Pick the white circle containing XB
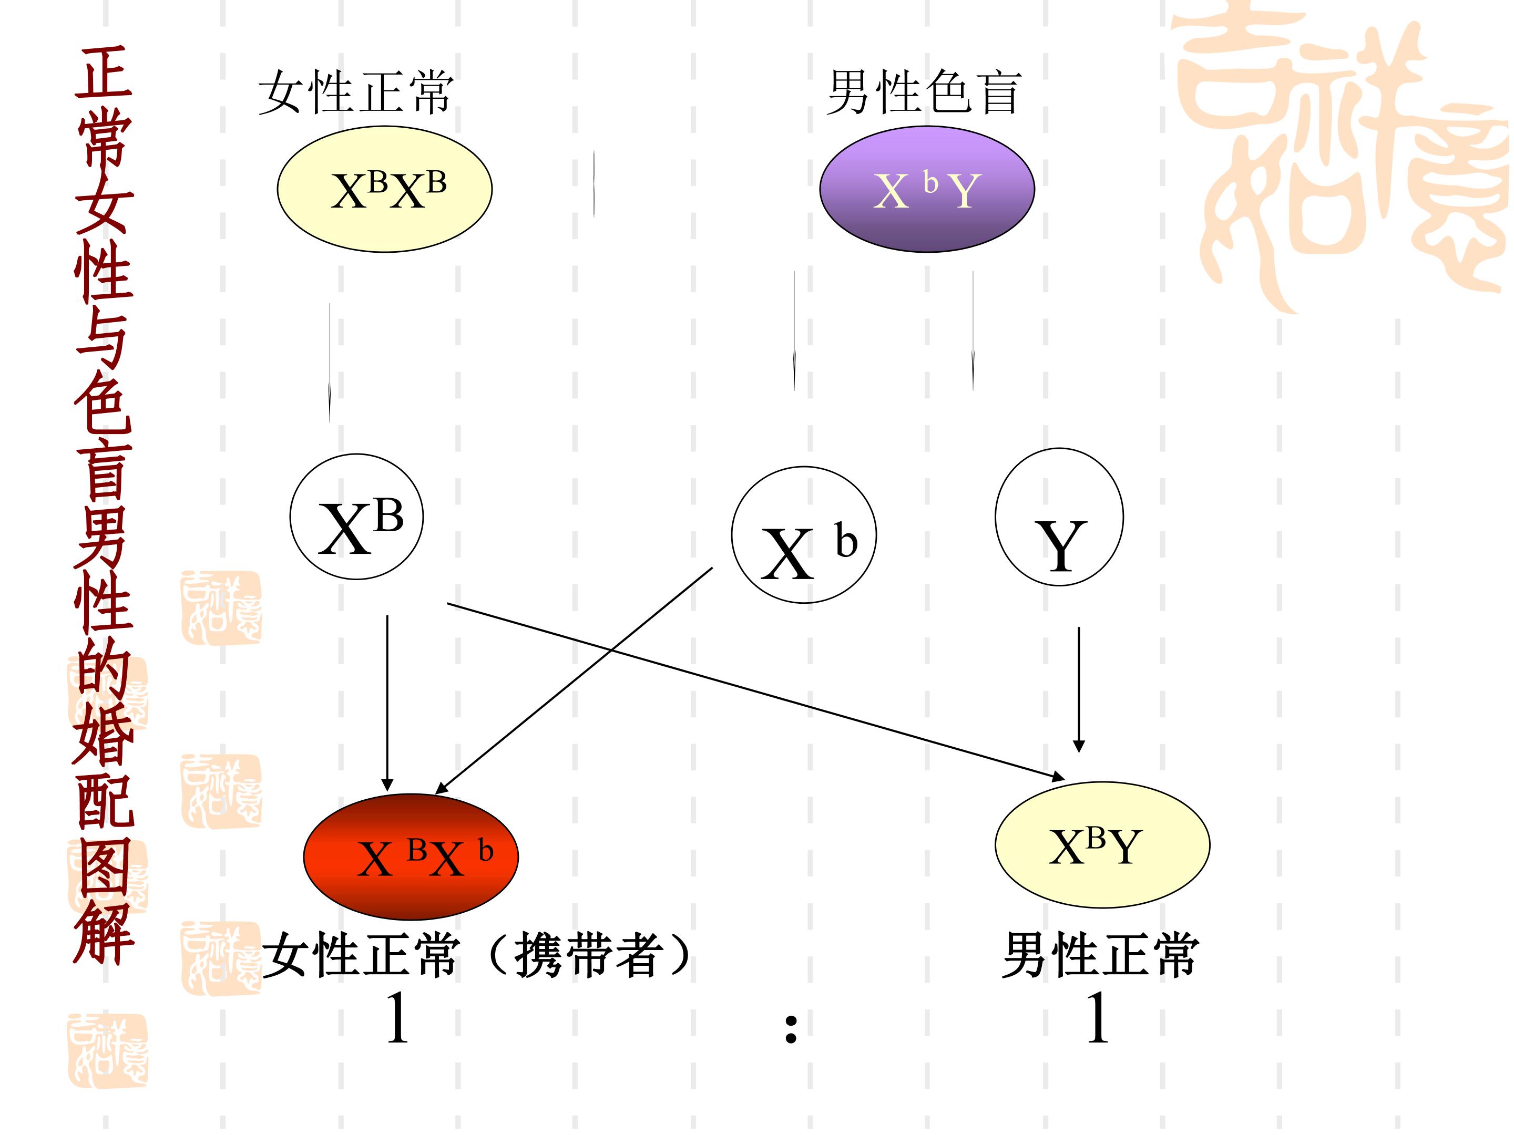[356, 517]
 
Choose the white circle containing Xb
[804, 535]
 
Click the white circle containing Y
[1059, 517]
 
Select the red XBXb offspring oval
[411, 857]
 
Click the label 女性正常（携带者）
[477, 955]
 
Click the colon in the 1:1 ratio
[791, 1028]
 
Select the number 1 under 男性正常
[1098, 1018]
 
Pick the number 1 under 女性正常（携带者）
[397, 1018]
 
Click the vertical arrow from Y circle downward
[1079, 689]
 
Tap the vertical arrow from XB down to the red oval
[387, 703]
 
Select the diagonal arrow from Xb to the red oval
[574, 680]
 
